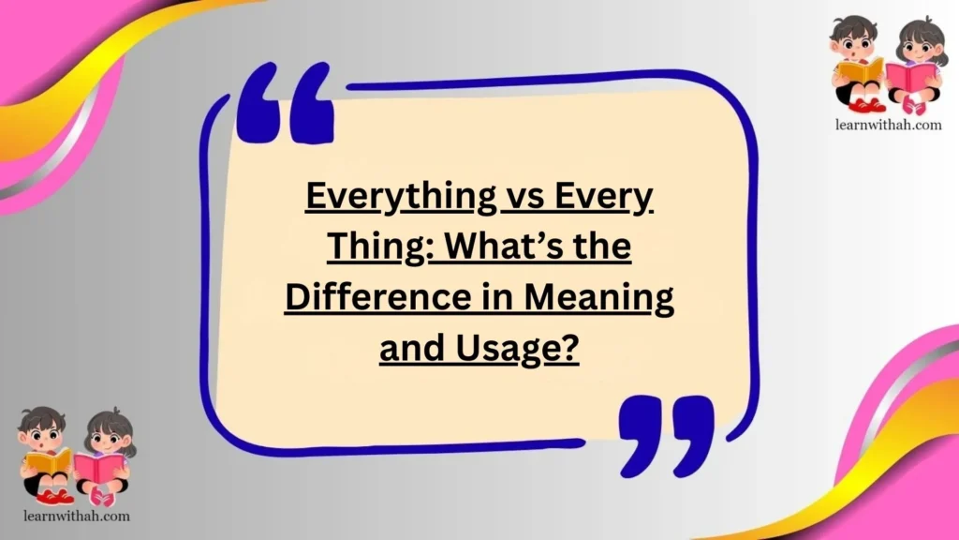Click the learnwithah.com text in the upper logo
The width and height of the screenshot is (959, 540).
tap(885, 124)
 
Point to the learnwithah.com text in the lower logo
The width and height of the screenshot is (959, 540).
tap(74, 516)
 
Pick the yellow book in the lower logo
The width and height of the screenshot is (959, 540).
tap(49, 461)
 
